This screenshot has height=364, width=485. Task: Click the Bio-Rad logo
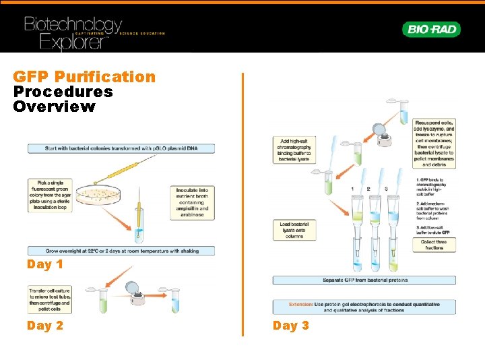[432, 29]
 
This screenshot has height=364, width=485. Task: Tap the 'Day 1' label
[45, 264]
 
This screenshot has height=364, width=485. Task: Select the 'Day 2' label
[45, 326]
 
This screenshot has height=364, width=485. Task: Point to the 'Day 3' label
[291, 326]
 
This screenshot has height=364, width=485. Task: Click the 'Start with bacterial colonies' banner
[121, 148]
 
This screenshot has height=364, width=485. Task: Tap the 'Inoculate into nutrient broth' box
[193, 200]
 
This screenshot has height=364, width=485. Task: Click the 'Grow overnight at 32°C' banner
[121, 250]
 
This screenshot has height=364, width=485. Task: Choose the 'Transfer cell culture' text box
[50, 300]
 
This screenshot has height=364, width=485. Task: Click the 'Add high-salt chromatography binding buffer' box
[291, 150]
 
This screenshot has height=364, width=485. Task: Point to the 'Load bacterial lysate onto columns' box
[291, 230]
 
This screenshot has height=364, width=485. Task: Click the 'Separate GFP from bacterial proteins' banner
[364, 280]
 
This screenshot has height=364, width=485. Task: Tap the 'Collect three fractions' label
[434, 245]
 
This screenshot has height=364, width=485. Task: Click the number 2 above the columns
[368, 189]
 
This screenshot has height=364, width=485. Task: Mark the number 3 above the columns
[386, 189]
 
